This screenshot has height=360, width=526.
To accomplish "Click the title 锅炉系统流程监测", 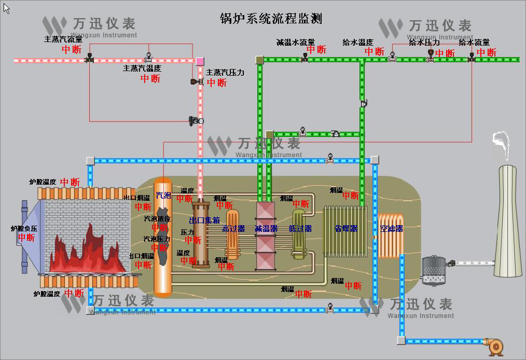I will (271, 19).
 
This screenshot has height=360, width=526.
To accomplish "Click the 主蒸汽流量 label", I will (63, 39).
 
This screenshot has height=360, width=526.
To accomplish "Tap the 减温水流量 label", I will (295, 42).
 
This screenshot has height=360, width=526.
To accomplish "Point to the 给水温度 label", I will (358, 42).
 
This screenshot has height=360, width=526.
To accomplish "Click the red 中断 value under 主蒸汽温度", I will (150, 79).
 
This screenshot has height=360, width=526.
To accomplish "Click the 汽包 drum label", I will (163, 196).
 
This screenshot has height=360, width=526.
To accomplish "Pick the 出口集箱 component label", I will (205, 220).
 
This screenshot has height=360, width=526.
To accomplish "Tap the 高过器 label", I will (233, 228).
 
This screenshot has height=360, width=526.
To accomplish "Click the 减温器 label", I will (266, 228).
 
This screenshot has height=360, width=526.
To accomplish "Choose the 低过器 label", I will (300, 228).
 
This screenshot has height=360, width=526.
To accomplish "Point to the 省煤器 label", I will (346, 228).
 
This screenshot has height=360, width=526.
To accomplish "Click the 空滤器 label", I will (392, 228).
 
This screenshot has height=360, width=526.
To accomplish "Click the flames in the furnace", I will (88, 252).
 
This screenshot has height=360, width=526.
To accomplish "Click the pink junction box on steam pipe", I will (200, 61).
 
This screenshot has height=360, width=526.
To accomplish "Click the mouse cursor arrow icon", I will (6, 8).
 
